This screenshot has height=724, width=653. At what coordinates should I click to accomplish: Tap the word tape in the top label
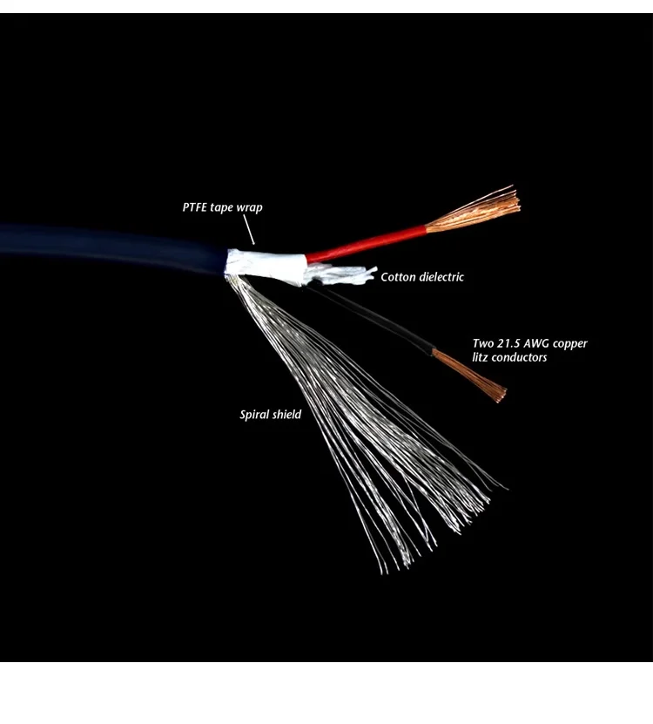click(223, 208)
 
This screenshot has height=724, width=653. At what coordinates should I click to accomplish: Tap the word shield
click(286, 415)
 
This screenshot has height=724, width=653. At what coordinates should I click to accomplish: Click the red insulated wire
click(366, 243)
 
